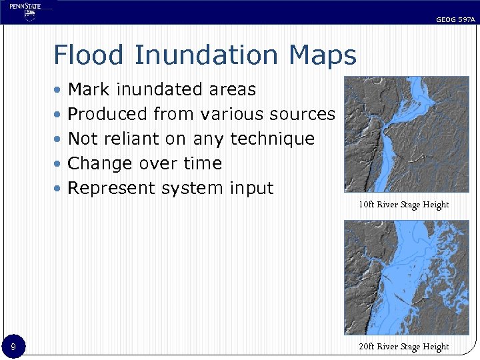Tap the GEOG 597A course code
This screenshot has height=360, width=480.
(x=455, y=20)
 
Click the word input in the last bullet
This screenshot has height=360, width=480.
(x=251, y=188)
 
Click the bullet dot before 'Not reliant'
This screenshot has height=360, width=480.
(x=59, y=139)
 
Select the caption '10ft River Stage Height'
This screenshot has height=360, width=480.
(x=403, y=205)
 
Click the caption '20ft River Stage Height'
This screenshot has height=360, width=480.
(x=403, y=346)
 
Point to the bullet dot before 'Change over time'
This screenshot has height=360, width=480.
(x=59, y=164)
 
